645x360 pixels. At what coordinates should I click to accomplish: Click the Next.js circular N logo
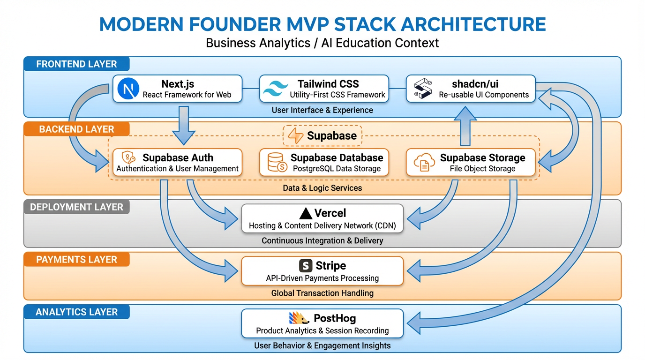(x=127, y=89)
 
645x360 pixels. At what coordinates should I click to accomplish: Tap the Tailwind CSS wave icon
(x=276, y=89)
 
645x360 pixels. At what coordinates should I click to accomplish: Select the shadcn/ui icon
(x=422, y=89)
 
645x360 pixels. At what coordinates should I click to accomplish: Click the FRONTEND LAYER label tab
(x=76, y=64)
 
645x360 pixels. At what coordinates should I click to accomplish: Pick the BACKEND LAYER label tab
(x=76, y=129)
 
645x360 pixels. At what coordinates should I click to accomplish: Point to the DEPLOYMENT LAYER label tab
(x=76, y=207)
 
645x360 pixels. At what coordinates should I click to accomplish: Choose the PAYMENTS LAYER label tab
(x=76, y=260)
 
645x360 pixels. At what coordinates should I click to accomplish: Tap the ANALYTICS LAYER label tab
(x=76, y=312)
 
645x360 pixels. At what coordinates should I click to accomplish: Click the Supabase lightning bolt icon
(x=296, y=136)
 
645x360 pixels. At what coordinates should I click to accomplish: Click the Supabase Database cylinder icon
(x=276, y=162)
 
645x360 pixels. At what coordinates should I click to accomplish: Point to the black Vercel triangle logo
(x=306, y=214)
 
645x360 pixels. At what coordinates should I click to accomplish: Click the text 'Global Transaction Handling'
(x=322, y=293)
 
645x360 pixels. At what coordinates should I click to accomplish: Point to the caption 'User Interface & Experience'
(x=322, y=110)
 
